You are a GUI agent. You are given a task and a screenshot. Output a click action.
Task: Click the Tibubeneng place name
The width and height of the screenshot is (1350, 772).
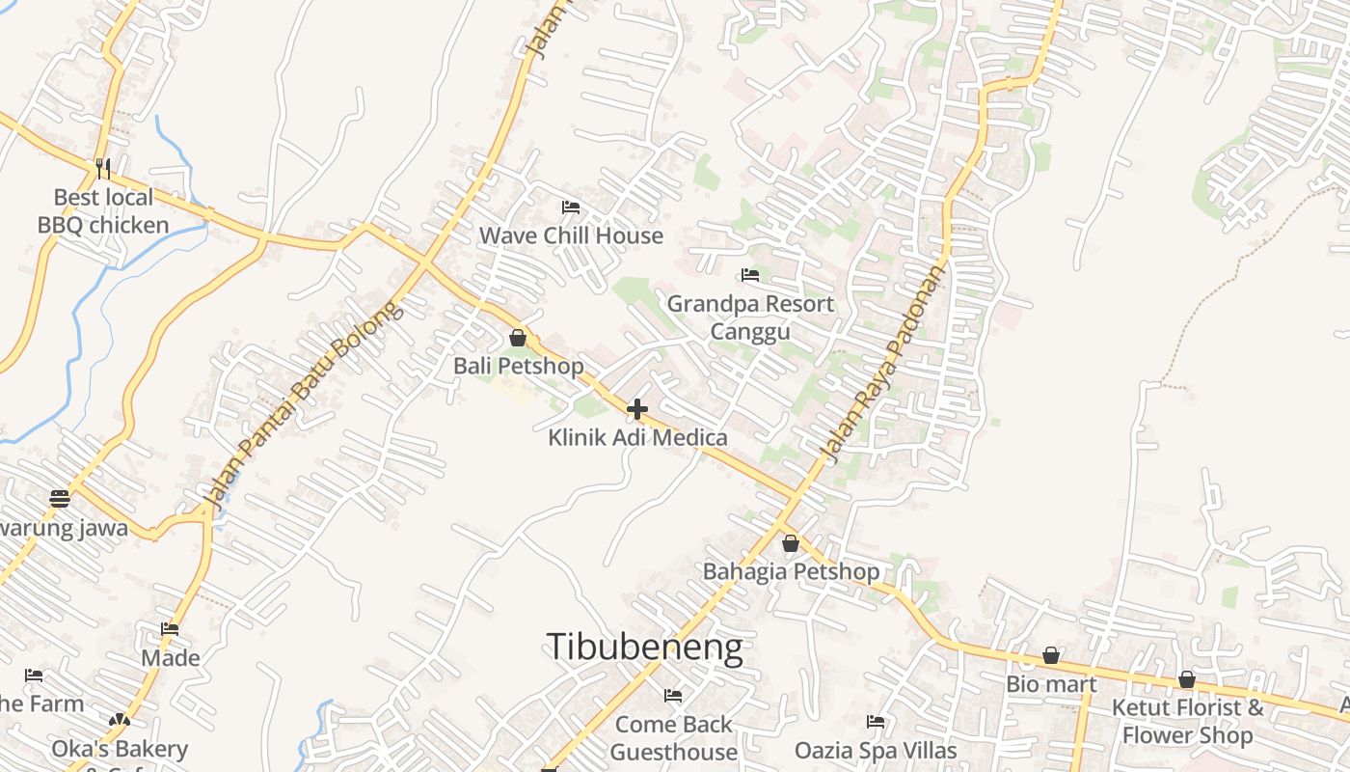(x=644, y=647)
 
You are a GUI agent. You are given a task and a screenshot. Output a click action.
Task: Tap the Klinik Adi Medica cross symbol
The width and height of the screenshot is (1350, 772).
(x=636, y=409)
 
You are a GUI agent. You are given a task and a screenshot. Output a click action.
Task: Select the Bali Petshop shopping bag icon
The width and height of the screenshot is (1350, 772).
(x=518, y=338)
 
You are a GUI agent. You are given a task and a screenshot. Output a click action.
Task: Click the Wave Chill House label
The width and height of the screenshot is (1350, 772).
(x=571, y=235)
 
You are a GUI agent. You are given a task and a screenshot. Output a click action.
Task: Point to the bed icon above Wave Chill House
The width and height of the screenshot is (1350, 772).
(x=570, y=207)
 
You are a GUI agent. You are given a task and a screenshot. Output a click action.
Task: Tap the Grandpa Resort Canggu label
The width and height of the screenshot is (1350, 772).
(x=750, y=317)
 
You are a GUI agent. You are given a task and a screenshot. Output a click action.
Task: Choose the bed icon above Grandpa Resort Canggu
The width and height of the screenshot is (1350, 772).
(x=749, y=275)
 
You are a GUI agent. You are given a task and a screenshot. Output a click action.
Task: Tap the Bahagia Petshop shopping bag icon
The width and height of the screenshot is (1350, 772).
(x=791, y=543)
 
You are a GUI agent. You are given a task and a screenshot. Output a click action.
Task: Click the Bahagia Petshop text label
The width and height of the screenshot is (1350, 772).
(x=791, y=571)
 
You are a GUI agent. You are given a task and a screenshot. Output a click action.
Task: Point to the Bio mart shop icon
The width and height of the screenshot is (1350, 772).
(x=1051, y=656)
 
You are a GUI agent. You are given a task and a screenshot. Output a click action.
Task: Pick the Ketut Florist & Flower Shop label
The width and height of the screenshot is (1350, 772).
(x=1187, y=721)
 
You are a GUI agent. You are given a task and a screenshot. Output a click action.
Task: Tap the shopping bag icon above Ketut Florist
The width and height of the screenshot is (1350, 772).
(x=1187, y=679)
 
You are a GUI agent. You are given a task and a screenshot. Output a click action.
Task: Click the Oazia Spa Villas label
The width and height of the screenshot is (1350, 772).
(x=876, y=750)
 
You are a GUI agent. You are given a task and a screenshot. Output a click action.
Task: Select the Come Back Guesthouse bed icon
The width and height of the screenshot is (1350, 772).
(x=673, y=695)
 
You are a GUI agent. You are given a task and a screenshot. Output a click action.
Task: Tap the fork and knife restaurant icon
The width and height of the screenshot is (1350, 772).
(x=103, y=169)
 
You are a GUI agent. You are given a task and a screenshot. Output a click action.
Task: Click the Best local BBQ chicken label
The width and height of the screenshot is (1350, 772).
(x=103, y=211)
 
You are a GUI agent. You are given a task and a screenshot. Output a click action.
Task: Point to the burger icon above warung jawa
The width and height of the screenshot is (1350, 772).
(x=60, y=499)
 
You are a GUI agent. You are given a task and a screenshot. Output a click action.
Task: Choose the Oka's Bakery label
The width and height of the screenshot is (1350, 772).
(x=120, y=749)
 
